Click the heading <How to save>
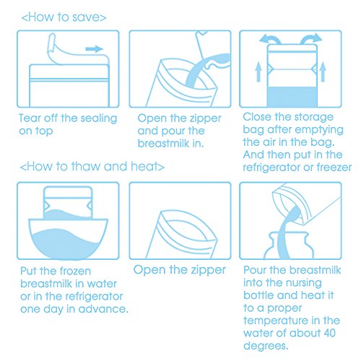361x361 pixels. [64, 17]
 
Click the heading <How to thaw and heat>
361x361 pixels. [92, 167]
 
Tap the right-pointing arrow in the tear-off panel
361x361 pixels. [95, 49]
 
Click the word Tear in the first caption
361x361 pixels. [30, 118]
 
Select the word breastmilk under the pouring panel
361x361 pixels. [163, 144]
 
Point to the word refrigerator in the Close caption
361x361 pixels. [271, 168]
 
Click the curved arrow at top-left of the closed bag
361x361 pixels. [269, 39]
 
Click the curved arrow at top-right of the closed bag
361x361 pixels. [311, 39]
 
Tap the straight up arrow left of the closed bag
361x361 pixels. [258, 71]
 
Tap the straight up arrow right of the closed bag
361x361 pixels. [323, 71]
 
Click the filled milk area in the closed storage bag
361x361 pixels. [292, 97]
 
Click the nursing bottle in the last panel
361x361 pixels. [289, 245]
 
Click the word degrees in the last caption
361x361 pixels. [266, 346]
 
